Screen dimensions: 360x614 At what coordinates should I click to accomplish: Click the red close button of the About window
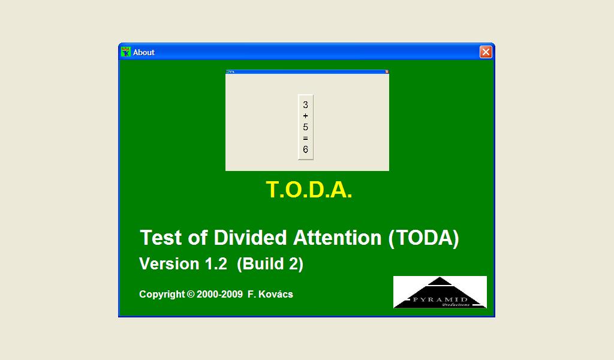(x=486, y=52)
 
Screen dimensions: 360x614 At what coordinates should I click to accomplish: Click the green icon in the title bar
(x=125, y=52)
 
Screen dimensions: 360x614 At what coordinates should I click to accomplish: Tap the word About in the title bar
(x=144, y=52)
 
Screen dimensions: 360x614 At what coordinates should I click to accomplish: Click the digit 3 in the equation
(x=306, y=104)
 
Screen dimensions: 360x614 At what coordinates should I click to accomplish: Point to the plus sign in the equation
(x=306, y=116)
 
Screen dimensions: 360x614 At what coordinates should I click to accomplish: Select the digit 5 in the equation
(x=306, y=127)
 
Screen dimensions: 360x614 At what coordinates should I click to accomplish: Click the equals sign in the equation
(x=306, y=139)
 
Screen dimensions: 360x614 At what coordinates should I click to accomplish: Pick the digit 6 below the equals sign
(x=306, y=150)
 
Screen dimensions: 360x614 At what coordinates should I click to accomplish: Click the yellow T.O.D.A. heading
(x=309, y=190)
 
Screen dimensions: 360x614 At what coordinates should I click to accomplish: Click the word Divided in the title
(x=251, y=238)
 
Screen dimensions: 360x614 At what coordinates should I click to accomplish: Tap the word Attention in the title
(x=337, y=238)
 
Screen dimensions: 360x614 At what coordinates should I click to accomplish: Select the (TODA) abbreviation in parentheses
(x=423, y=238)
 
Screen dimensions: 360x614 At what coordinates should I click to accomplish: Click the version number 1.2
(x=216, y=264)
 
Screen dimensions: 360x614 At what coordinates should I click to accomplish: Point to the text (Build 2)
(x=270, y=264)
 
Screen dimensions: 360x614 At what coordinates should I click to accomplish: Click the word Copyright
(x=162, y=294)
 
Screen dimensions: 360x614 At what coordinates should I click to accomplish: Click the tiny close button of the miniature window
(x=387, y=71)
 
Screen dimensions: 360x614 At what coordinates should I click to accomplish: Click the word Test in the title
(x=160, y=238)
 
